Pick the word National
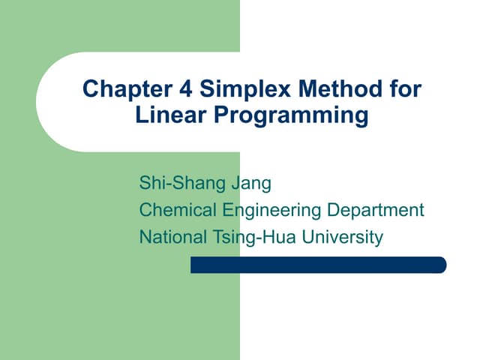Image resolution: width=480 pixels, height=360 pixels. coord(172,237)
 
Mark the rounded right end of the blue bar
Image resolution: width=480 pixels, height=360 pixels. coord(442,265)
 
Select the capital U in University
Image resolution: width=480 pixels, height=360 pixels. coord(303,237)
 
